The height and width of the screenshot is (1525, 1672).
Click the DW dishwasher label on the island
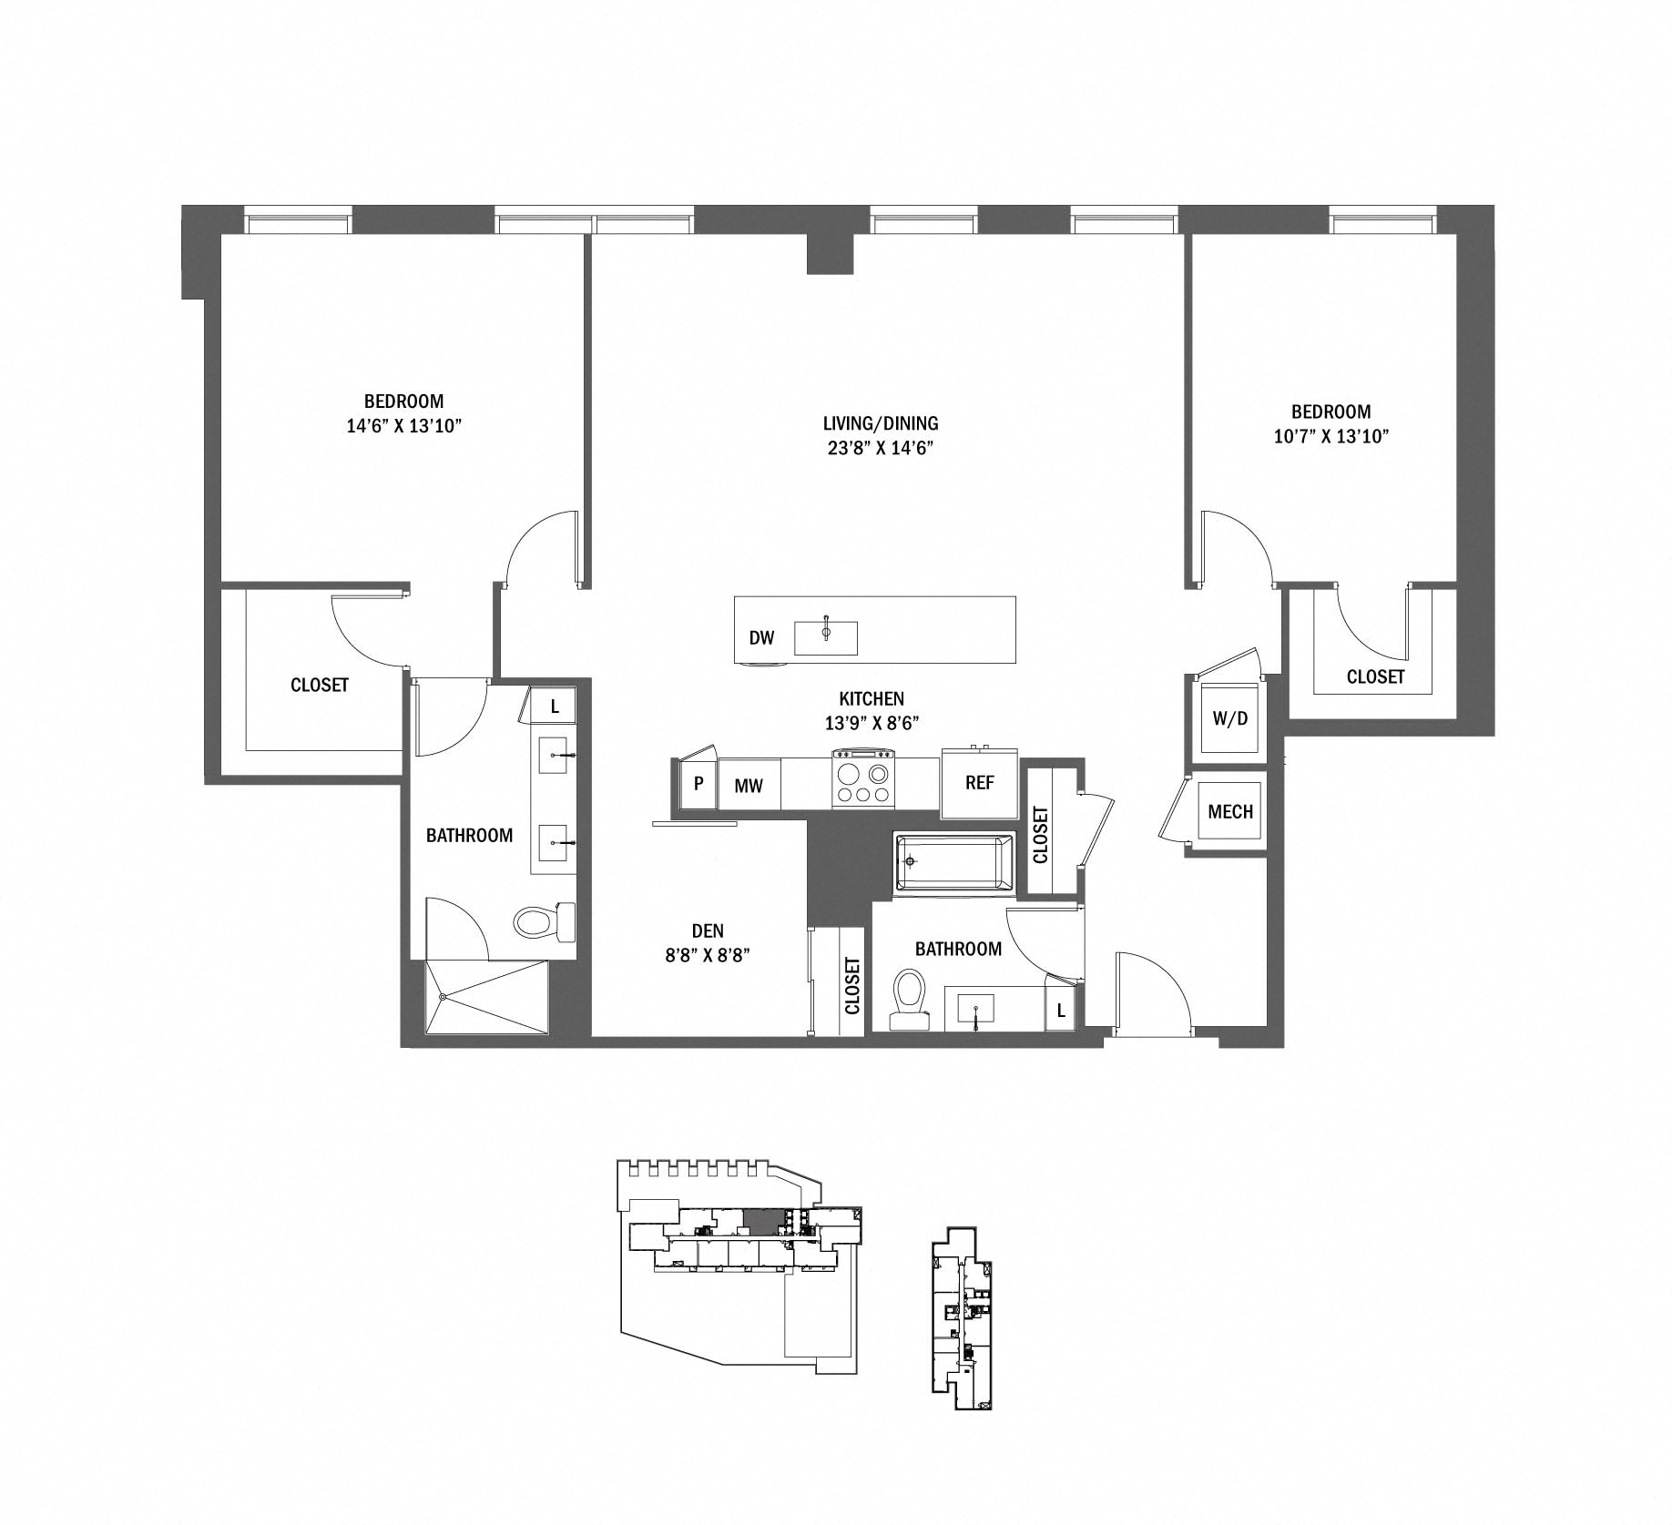pos(761,637)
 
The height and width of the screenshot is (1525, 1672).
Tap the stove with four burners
pos(863,778)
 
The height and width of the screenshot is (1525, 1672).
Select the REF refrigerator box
pos(979,783)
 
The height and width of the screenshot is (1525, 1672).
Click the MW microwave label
pos(749,785)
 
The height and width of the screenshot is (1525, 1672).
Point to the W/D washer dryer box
pos(1229,718)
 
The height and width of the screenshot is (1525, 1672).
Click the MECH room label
pos(1229,811)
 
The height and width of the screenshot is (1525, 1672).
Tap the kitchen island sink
pos(825,637)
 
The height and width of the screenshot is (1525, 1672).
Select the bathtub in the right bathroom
pos(953,862)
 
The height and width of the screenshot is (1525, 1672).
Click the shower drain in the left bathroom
pos(443,998)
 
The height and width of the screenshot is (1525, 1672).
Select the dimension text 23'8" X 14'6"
pos(879,447)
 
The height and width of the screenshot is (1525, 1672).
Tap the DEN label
pos(708,930)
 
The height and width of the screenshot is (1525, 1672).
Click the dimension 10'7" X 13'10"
pos(1330,436)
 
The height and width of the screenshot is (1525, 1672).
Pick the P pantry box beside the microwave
pos(698,783)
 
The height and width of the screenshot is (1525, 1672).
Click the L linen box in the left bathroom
pos(555,706)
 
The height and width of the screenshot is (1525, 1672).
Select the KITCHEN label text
pos(872,698)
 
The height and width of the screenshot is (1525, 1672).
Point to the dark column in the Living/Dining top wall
pos(829,251)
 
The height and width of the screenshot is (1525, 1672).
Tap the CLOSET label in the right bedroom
pos(1375,676)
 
